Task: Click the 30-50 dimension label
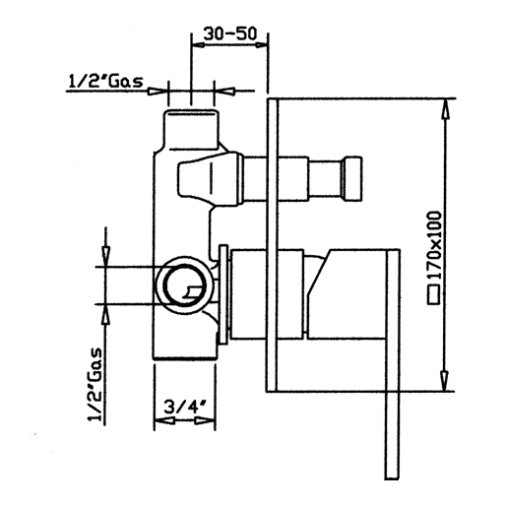229,33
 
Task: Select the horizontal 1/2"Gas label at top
105,81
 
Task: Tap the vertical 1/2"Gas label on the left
95,384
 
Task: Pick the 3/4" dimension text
184,408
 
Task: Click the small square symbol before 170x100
434,294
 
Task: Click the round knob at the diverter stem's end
351,179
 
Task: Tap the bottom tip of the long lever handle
392,478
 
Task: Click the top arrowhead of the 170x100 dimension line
445,110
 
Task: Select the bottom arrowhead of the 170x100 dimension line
444,380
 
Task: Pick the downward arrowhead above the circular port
105,257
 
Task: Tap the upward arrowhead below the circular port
105,314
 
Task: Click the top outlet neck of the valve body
191,129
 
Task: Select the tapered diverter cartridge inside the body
210,179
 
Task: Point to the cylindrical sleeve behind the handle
267,293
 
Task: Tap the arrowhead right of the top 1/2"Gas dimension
226,91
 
